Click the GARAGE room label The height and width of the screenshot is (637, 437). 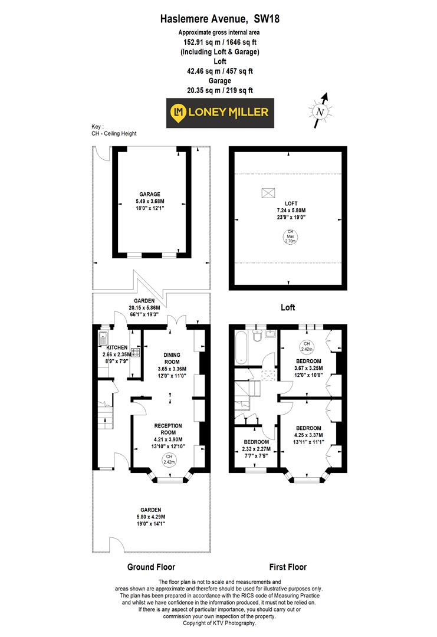click(x=150, y=194)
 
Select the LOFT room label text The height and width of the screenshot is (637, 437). click(x=288, y=203)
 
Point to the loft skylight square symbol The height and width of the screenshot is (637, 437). click(x=268, y=193)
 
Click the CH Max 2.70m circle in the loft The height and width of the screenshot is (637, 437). click(x=290, y=238)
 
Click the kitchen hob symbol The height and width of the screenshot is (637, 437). click(x=135, y=353)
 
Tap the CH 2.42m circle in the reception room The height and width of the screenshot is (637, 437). click(x=169, y=459)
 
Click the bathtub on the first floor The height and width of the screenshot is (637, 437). click(x=242, y=349)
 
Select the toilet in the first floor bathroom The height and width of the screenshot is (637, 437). click(x=257, y=337)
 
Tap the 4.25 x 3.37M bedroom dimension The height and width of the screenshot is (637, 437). click(x=308, y=435)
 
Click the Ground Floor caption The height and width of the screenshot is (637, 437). click(x=151, y=567)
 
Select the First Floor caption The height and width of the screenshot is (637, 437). click(x=288, y=567)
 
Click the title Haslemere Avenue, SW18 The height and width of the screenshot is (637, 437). click(x=219, y=19)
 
